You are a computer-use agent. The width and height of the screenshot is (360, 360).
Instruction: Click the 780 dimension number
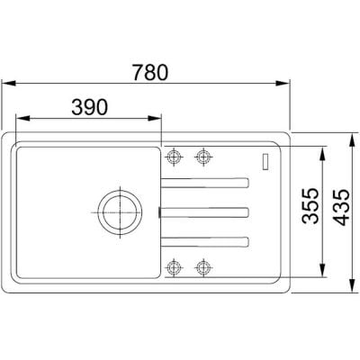(150, 73)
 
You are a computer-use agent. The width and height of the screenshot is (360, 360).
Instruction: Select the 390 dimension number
(89, 107)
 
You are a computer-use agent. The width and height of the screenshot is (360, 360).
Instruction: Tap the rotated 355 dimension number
(310, 206)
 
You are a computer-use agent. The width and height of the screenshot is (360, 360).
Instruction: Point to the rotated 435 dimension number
(341, 207)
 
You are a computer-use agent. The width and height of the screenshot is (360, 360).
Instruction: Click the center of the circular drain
(120, 212)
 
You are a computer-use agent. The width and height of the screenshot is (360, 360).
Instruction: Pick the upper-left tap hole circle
(174, 157)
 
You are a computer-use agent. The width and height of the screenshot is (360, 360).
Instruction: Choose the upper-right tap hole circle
(203, 157)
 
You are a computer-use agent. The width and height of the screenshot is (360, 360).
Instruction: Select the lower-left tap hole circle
(174, 266)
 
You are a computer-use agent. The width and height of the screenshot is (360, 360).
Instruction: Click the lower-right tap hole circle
(203, 266)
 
